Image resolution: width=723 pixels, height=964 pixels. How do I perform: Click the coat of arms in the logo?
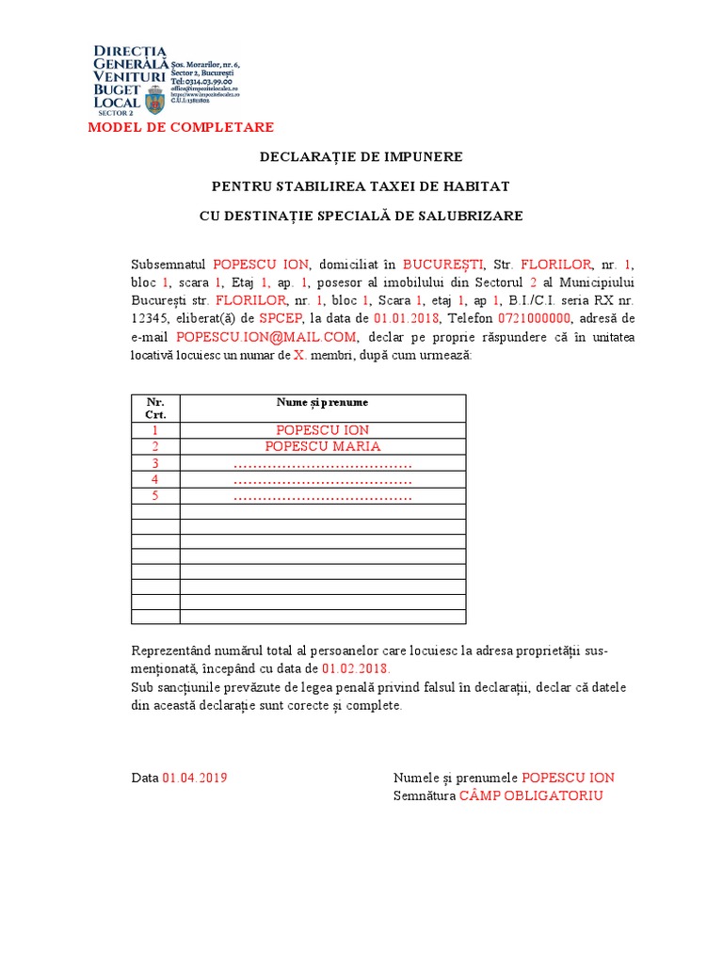click(154, 98)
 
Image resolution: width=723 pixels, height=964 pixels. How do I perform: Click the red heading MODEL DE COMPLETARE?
click(181, 128)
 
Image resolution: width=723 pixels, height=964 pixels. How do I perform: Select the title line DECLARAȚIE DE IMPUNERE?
click(361, 156)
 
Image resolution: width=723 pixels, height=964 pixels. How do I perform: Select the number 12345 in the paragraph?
click(151, 318)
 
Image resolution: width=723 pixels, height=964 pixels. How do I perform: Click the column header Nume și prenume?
click(322, 402)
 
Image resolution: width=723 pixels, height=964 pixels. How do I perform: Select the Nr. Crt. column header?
click(155, 408)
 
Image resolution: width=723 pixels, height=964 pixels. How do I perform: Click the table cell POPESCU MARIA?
click(322, 446)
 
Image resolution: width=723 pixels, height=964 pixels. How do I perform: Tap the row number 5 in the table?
click(155, 495)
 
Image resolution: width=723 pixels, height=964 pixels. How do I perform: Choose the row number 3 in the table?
click(155, 463)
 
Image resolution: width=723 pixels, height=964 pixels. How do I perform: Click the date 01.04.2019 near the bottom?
click(195, 778)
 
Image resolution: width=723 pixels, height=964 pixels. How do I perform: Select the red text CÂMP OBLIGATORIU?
click(531, 796)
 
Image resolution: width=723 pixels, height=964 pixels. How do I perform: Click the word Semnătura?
click(424, 796)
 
